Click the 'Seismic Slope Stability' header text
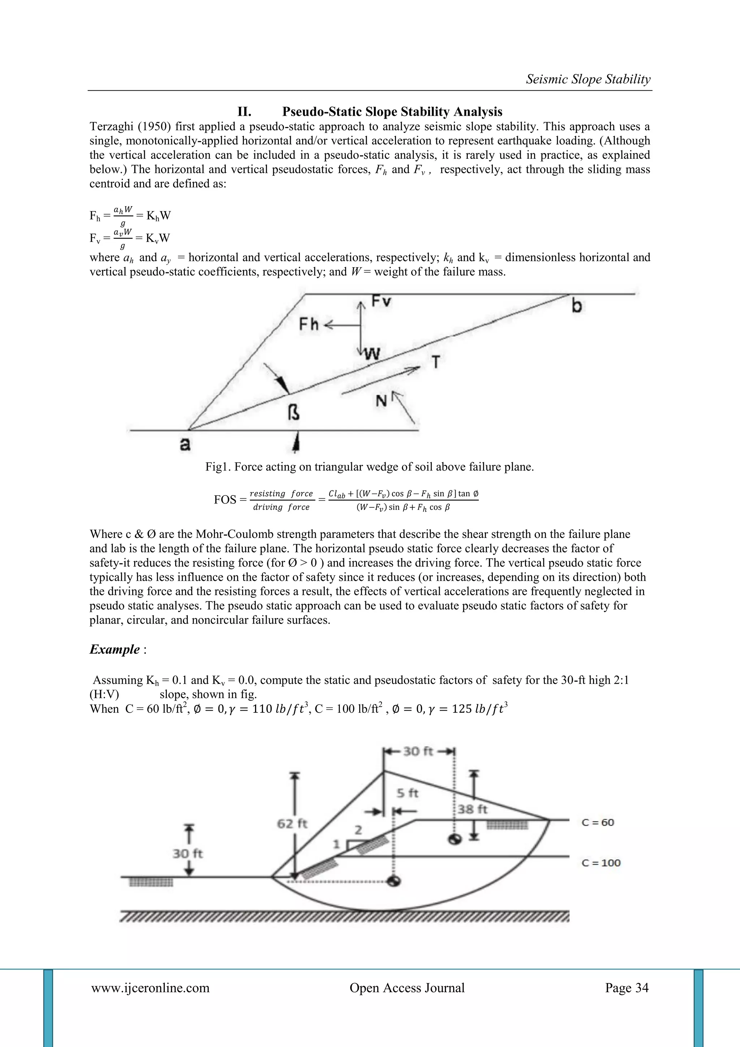tap(588, 79)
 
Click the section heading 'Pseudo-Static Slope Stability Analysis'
tap(392, 112)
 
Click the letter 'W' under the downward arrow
tap(373, 354)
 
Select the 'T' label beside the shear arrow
tap(436, 362)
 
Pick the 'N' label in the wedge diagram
tap(382, 401)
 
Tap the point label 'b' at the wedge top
tap(577, 306)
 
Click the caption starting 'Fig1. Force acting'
tap(369, 467)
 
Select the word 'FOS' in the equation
tap(225, 500)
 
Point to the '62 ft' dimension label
tap(292, 824)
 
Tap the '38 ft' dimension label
tap(473, 809)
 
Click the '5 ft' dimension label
tap(407, 793)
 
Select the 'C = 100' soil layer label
tap(601, 863)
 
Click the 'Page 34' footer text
tap(627, 988)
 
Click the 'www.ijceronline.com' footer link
tap(150, 988)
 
